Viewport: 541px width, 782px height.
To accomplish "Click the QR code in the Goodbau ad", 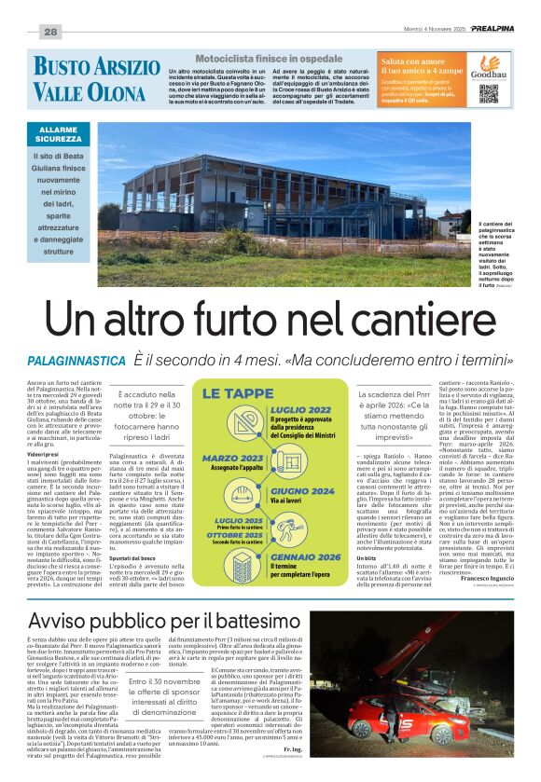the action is (488, 92).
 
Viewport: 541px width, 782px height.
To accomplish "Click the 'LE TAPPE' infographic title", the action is (236, 393).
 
